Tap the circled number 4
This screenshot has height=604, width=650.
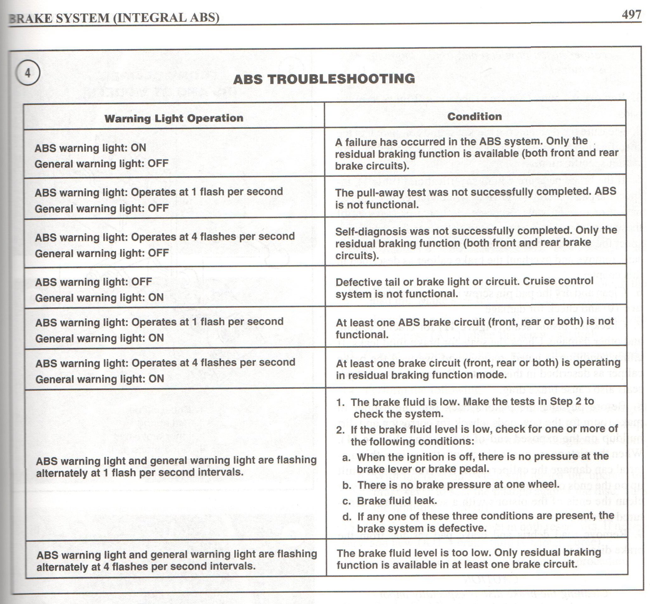pos(28,73)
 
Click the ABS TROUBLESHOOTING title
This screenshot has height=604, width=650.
pos(324,79)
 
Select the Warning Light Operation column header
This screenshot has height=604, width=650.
pos(174,118)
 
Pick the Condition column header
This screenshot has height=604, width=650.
pos(474,116)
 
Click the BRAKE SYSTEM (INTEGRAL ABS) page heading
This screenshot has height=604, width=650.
pos(114,18)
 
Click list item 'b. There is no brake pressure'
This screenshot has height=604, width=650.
pos(451,484)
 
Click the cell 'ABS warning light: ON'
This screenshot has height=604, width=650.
pos(91,148)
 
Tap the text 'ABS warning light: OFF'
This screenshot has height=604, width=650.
pos(93,282)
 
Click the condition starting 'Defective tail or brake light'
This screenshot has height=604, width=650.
pos(464,287)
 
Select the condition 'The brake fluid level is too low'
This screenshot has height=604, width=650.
pos(469,559)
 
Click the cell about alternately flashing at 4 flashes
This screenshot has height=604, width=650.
pos(176,560)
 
